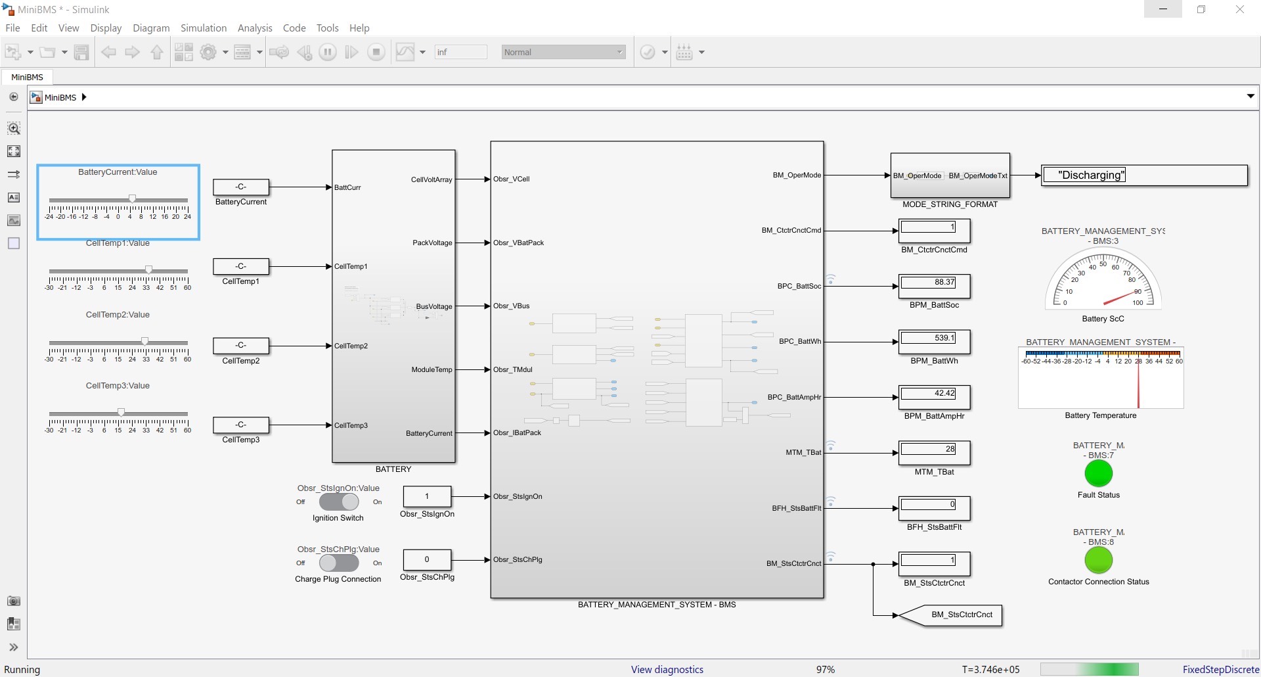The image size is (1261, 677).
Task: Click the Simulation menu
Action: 203,28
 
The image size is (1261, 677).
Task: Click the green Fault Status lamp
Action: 1098,473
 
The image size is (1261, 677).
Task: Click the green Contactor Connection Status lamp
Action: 1098,560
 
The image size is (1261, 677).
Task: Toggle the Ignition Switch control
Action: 339,502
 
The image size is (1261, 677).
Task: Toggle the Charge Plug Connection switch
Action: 339,563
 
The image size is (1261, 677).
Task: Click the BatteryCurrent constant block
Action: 241,187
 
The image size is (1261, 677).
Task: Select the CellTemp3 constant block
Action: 241,425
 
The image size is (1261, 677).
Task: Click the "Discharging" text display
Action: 1144,175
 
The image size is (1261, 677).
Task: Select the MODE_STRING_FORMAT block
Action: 950,175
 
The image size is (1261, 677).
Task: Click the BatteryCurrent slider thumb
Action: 132,198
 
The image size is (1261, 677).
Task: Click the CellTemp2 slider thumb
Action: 144,341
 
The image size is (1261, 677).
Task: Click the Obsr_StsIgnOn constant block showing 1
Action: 427,496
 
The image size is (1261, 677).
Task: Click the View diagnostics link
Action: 667,669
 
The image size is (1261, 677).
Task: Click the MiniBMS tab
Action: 27,77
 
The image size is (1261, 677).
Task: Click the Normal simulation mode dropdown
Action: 564,52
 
